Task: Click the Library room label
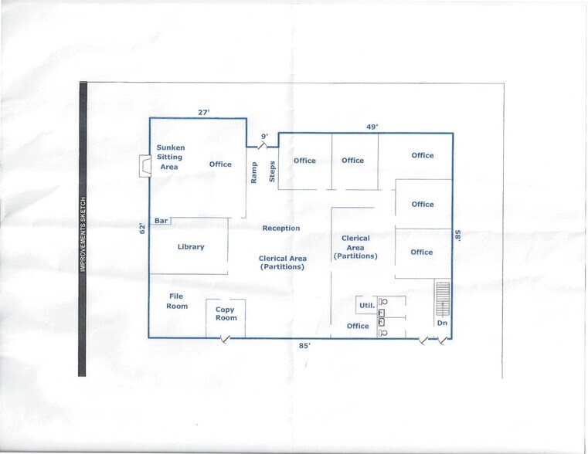191,247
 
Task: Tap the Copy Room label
226,313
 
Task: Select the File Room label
177,301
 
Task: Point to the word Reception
280,229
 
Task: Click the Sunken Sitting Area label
170,157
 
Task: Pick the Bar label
161,222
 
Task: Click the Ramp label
254,171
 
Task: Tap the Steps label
272,171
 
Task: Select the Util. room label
367,306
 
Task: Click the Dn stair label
442,324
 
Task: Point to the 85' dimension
304,347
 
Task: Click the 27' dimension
204,113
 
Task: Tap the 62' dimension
142,229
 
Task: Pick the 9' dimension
264,137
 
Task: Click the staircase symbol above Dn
443,299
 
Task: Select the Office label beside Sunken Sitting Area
220,164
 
